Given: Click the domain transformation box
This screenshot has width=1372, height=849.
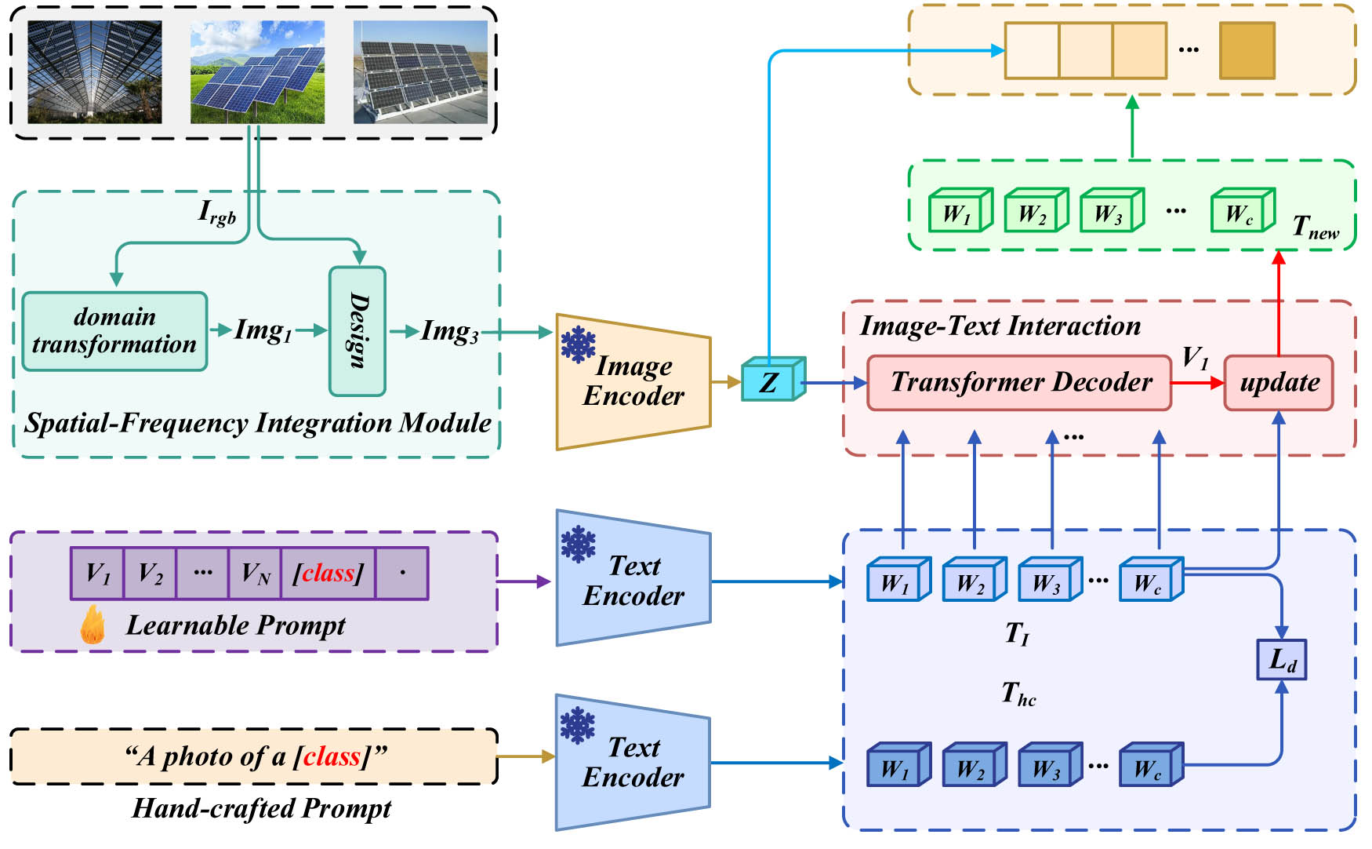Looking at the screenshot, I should (x=114, y=331).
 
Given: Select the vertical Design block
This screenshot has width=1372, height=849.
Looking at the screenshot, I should (x=358, y=331).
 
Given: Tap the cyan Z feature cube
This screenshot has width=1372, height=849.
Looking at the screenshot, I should (x=770, y=382).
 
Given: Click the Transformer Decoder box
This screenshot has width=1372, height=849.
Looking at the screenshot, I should (x=1019, y=382).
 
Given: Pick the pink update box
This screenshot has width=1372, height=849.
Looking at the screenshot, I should (x=1279, y=382).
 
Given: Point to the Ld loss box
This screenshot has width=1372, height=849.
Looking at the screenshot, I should (x=1281, y=659).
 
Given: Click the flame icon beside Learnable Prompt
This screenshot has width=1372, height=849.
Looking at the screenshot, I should (x=93, y=625).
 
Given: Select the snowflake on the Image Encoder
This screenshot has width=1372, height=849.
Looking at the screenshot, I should (x=579, y=345).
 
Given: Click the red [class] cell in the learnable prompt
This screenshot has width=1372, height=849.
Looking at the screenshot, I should (x=328, y=574).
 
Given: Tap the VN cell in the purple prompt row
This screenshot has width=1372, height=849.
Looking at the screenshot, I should (x=255, y=574).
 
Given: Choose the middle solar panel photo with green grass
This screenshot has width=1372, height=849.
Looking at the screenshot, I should (x=257, y=72).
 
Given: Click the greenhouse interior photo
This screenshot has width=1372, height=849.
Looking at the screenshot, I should (x=95, y=72).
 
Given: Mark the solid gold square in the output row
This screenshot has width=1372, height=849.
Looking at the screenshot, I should (x=1247, y=51).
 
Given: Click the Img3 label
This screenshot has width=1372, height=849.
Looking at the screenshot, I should (x=449, y=331).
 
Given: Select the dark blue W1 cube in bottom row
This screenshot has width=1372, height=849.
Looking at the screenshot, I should (x=896, y=766).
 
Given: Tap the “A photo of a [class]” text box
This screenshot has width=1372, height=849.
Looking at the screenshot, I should (x=254, y=756).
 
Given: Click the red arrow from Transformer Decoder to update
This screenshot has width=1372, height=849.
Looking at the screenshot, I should (x=1197, y=383).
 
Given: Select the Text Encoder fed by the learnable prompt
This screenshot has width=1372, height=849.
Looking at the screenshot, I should (x=633, y=579).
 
